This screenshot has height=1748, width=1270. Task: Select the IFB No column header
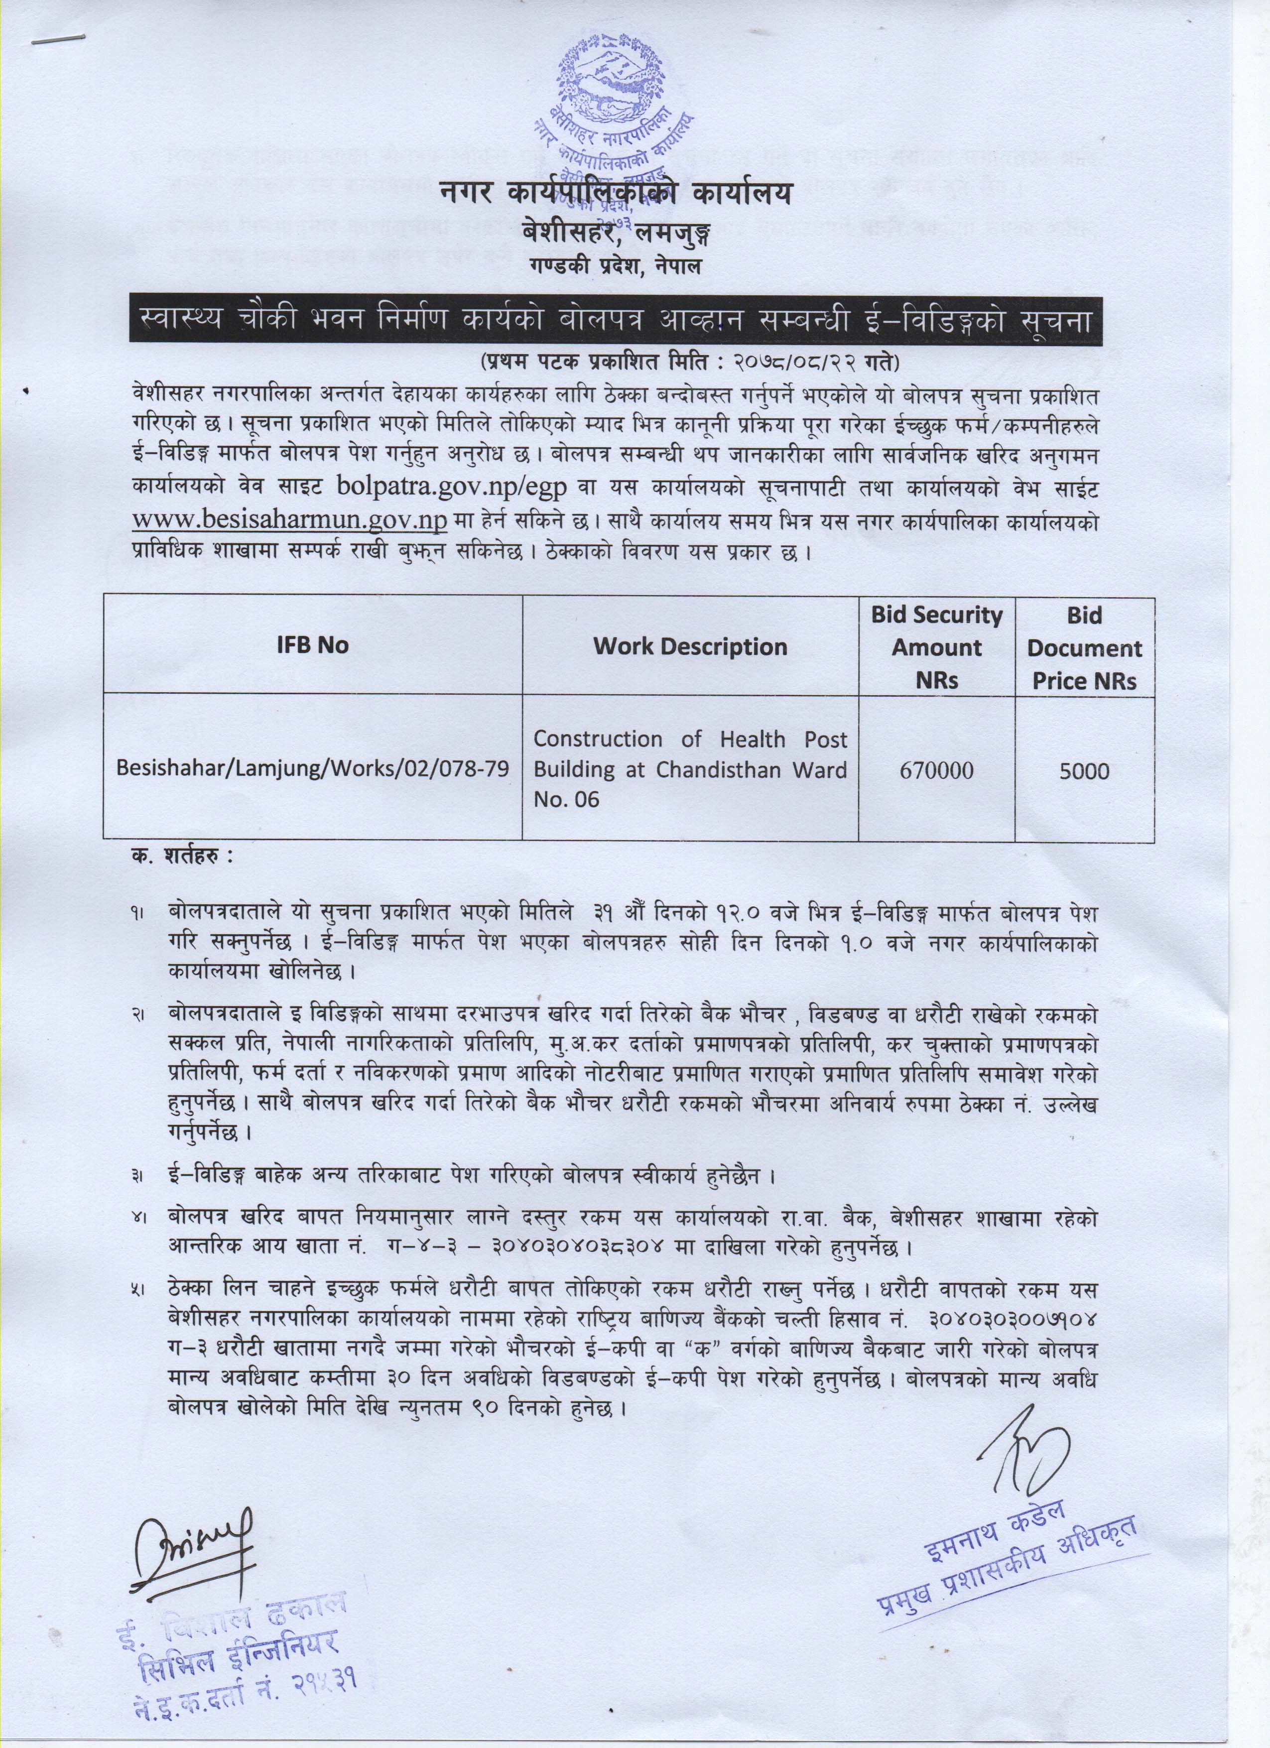(x=312, y=645)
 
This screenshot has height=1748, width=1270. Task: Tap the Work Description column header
(x=690, y=646)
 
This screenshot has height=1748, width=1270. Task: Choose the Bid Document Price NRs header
(x=1084, y=647)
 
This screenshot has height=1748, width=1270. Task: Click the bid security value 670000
(x=936, y=769)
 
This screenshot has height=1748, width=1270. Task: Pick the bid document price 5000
(x=1084, y=769)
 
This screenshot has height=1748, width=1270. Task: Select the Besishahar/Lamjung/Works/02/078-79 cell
(x=312, y=769)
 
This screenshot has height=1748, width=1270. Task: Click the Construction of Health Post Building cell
(x=690, y=769)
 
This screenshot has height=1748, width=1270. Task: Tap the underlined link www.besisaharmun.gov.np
(x=290, y=520)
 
